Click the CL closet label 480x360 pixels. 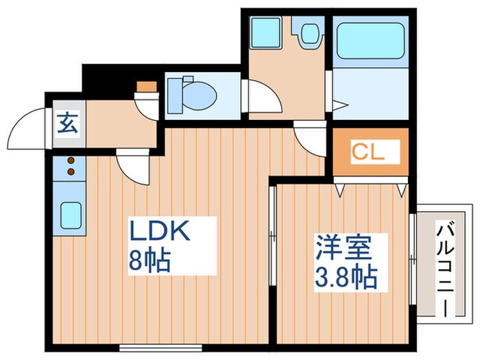point(368,152)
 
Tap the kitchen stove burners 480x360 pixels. point(69,168)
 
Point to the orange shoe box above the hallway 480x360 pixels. point(146,86)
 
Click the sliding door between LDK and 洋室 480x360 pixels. point(273,237)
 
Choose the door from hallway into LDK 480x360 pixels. point(130,165)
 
